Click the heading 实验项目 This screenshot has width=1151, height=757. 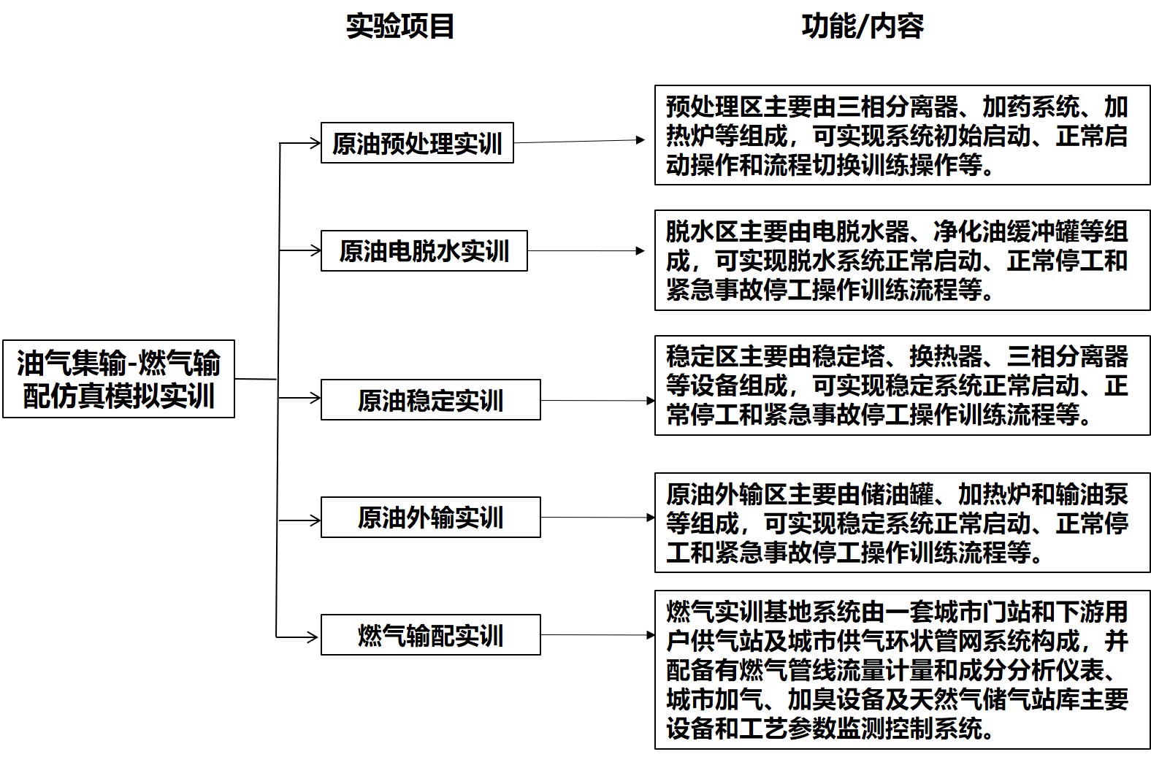(x=399, y=26)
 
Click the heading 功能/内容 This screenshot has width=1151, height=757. (x=862, y=26)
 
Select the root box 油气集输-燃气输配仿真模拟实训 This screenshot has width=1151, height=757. (x=118, y=379)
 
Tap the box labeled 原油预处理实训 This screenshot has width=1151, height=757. (x=417, y=143)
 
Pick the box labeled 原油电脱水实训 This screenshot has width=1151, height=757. (x=424, y=251)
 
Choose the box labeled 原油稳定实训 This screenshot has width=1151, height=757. (x=430, y=400)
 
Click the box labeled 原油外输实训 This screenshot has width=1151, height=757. (x=430, y=518)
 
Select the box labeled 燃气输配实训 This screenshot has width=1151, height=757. (x=430, y=635)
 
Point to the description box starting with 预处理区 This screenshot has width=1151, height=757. (x=902, y=136)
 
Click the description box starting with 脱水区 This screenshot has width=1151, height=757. (x=902, y=261)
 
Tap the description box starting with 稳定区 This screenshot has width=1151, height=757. (x=902, y=385)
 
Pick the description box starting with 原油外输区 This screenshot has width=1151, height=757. (x=902, y=523)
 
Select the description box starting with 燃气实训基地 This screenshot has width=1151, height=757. (x=902, y=669)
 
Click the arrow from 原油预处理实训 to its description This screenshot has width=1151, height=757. (x=581, y=141)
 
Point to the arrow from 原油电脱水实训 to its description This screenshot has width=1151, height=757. (x=586, y=251)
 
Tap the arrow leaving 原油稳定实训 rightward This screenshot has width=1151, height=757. (x=597, y=400)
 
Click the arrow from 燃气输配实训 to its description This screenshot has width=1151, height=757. (x=597, y=635)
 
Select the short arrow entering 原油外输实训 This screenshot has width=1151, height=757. (x=300, y=520)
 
